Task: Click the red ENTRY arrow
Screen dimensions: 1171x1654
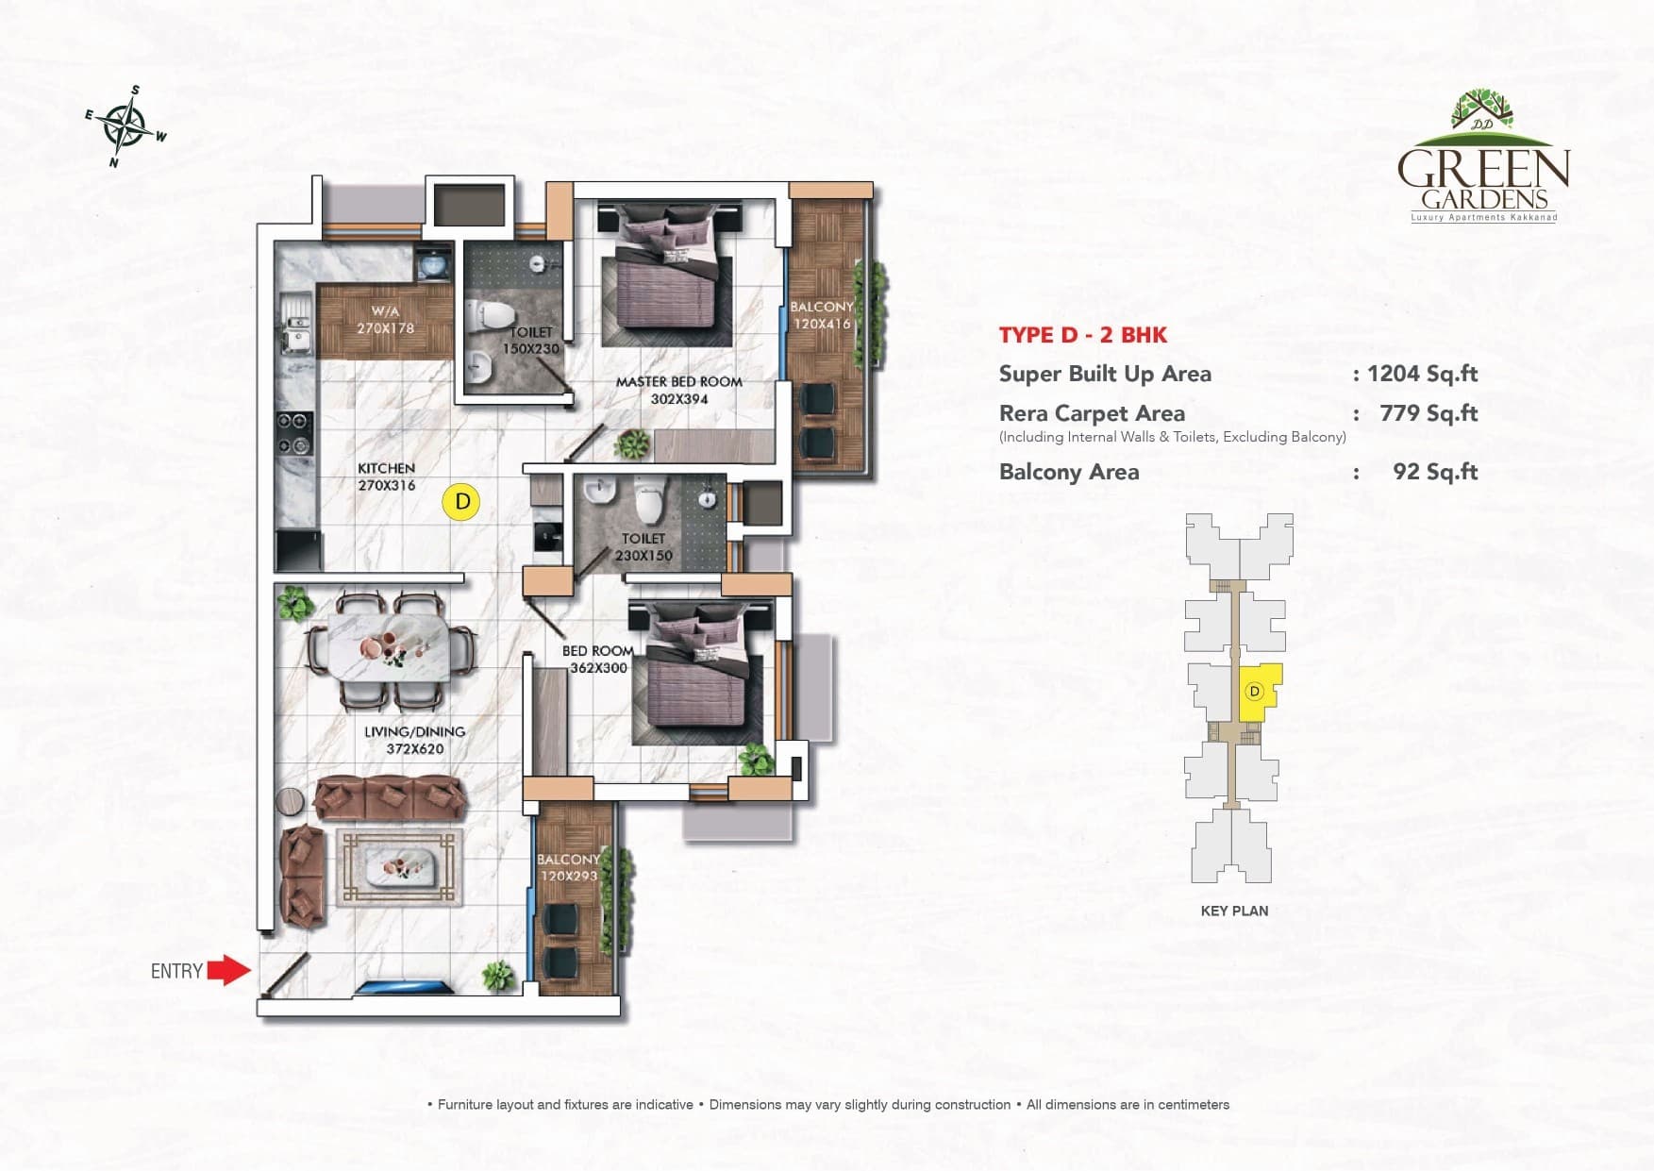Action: point(228,970)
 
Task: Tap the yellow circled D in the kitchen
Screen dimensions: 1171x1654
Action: point(461,502)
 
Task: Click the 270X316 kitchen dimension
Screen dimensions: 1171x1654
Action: point(386,486)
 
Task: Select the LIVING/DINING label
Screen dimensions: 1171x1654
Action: point(414,731)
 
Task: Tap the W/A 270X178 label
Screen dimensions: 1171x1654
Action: point(385,320)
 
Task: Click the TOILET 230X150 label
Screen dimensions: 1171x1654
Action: point(643,547)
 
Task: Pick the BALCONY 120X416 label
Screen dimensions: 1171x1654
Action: point(822,315)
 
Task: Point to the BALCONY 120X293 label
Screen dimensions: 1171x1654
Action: point(568,867)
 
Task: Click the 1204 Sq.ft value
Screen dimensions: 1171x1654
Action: point(1422,374)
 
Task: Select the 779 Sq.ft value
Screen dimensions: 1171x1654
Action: point(1428,413)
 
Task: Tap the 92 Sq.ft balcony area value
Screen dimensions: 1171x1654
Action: point(1434,472)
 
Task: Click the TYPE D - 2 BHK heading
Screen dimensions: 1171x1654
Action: point(1082,335)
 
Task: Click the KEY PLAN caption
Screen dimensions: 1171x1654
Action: point(1234,911)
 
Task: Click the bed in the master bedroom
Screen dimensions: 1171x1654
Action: point(673,283)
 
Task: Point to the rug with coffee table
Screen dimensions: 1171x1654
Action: point(400,867)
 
